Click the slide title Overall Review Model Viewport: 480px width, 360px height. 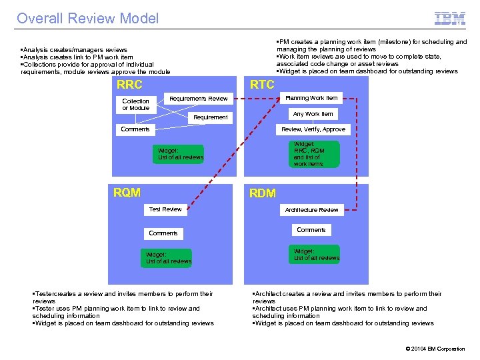(x=88, y=19)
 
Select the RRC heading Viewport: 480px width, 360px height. (x=129, y=85)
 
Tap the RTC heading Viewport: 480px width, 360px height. (x=261, y=84)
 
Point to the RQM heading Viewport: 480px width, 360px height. (x=127, y=193)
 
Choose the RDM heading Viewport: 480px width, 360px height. (x=262, y=193)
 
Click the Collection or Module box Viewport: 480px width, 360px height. (x=136, y=105)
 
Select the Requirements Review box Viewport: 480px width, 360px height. (x=199, y=99)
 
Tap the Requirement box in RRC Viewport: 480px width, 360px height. (x=211, y=117)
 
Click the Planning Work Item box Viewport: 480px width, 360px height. (x=311, y=98)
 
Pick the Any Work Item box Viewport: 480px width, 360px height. (x=313, y=114)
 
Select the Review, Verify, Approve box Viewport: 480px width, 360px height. (x=313, y=129)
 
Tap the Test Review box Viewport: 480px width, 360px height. (x=165, y=209)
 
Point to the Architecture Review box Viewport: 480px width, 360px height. (x=311, y=210)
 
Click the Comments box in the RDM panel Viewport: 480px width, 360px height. (x=311, y=230)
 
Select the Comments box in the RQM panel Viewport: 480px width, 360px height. (x=163, y=233)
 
